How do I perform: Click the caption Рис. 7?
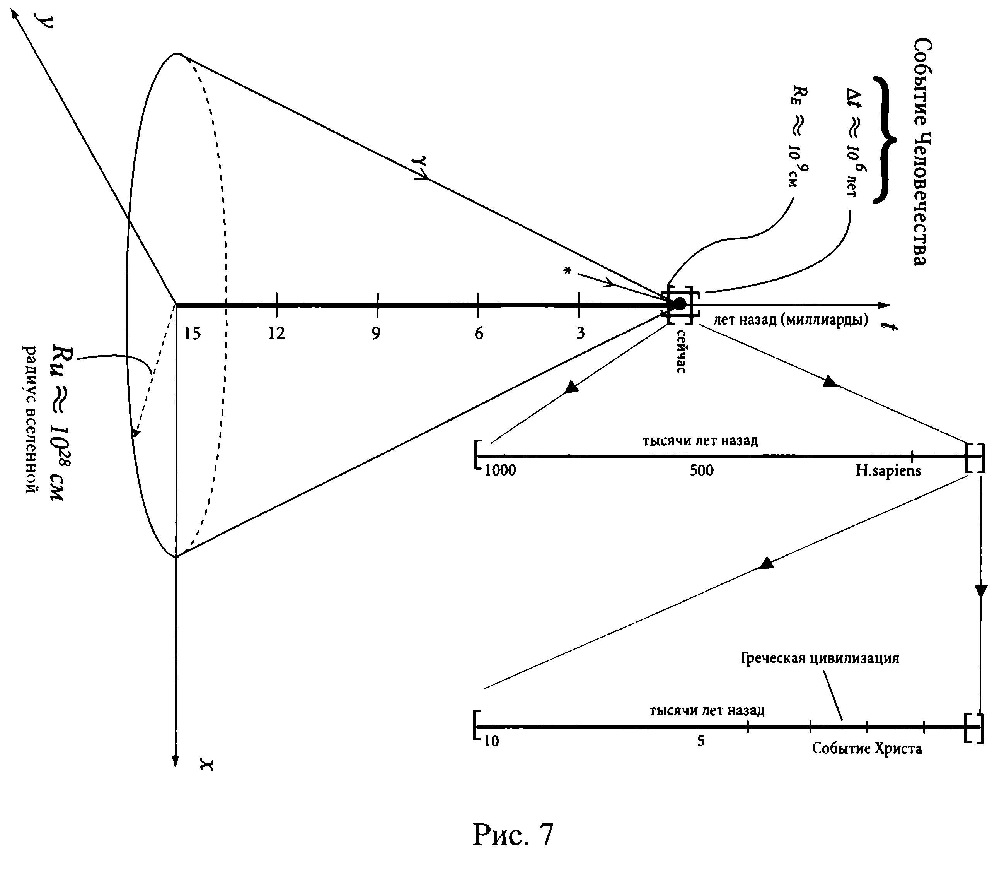click(x=513, y=834)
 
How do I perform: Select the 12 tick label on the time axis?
click(x=277, y=333)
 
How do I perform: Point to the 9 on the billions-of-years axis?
click(x=376, y=333)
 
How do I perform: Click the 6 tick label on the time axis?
click(x=478, y=333)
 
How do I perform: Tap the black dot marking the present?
click(x=680, y=304)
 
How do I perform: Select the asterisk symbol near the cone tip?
click(x=567, y=270)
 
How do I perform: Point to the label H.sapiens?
click(x=888, y=470)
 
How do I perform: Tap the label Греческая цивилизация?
click(x=820, y=658)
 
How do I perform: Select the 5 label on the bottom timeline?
click(x=701, y=741)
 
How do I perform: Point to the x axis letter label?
click(x=208, y=766)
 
